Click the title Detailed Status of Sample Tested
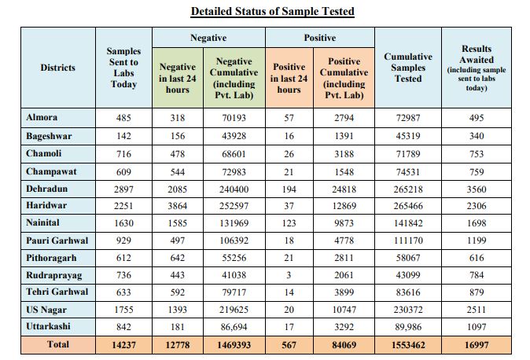pos(272,11)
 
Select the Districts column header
pos(58,68)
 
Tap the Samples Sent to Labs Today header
pos(123,68)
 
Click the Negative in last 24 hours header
pos(178,78)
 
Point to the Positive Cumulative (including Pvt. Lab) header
pos(344,78)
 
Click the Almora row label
pos(42,117)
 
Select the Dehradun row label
pos(46,189)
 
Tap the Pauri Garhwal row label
pos(57,241)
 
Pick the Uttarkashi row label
pos(48,326)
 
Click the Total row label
pos(58,344)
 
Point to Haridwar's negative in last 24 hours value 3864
pos(178,206)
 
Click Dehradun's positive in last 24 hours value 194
pos(289,189)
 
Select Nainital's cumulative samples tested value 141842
pos(408,223)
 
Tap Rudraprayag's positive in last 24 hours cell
pos(289,275)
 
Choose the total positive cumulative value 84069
pos(344,345)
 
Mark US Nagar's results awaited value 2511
pos(477,310)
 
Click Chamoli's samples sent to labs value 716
pos(123,154)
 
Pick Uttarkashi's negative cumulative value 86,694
pos(234,327)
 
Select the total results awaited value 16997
pos(477,345)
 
